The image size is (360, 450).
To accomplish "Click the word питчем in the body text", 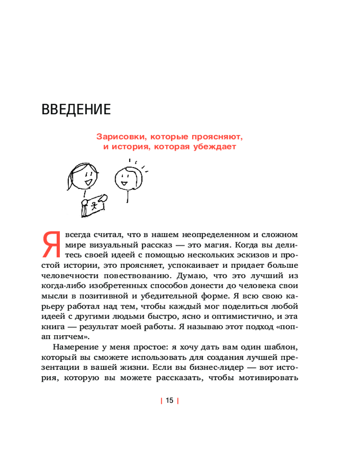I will pos(67,327).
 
